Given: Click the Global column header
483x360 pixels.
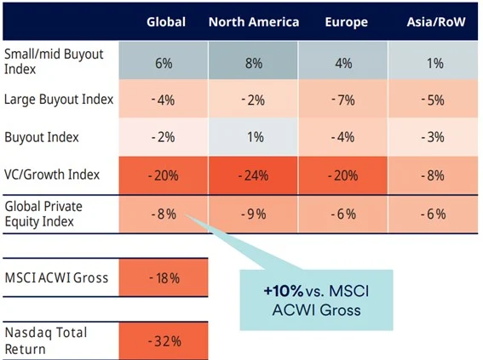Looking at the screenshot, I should pos(165,21).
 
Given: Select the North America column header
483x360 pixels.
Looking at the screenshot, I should pos(254,21).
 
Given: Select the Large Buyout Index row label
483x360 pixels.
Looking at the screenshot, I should pos(57,99).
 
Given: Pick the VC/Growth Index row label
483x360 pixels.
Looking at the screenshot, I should pos(52,174).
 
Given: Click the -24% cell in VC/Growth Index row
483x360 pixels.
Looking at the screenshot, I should pos(254,175).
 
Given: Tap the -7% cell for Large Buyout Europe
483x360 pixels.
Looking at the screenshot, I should pos(342,100).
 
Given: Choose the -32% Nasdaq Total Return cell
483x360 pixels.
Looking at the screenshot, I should pos(165,340).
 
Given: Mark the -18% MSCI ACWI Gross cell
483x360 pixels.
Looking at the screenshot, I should pos(165,278).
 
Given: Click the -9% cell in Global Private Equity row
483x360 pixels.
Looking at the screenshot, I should pos(254,214).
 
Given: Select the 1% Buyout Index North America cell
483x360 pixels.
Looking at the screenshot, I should pos(254,137).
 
